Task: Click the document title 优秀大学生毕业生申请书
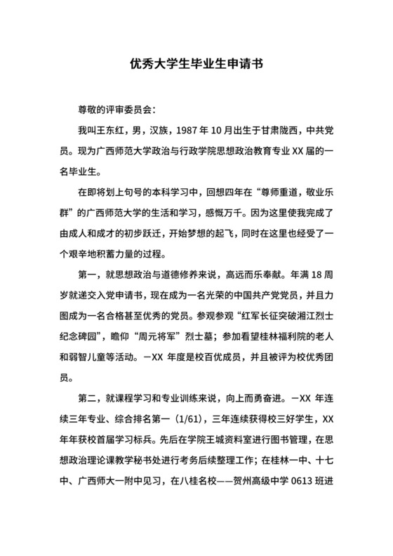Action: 196,62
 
